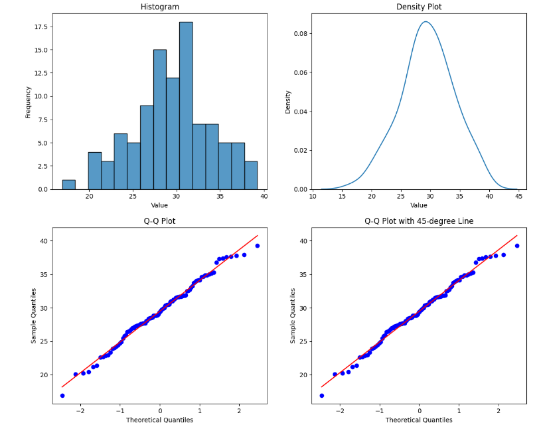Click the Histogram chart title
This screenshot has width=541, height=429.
tap(159, 7)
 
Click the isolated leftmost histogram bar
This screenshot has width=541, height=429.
tap(68, 185)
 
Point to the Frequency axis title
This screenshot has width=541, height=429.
tap(29, 102)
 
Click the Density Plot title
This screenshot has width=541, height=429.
tap(419, 7)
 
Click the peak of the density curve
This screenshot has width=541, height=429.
tap(425, 22)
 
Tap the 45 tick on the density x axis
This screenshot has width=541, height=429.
tap(518, 197)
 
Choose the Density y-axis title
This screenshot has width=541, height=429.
tap(288, 102)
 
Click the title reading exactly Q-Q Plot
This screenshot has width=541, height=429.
tap(159, 221)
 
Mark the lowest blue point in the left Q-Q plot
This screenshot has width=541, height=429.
tap(62, 396)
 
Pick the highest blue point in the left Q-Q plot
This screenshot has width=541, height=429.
tap(258, 246)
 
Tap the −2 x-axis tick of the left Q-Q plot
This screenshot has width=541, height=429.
tap(80, 411)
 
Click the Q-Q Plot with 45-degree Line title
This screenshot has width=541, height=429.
tap(419, 221)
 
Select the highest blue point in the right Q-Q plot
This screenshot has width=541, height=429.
tap(517, 246)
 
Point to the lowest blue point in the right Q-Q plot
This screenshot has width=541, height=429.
tap(322, 396)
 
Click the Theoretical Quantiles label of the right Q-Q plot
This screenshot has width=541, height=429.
tap(419, 420)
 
